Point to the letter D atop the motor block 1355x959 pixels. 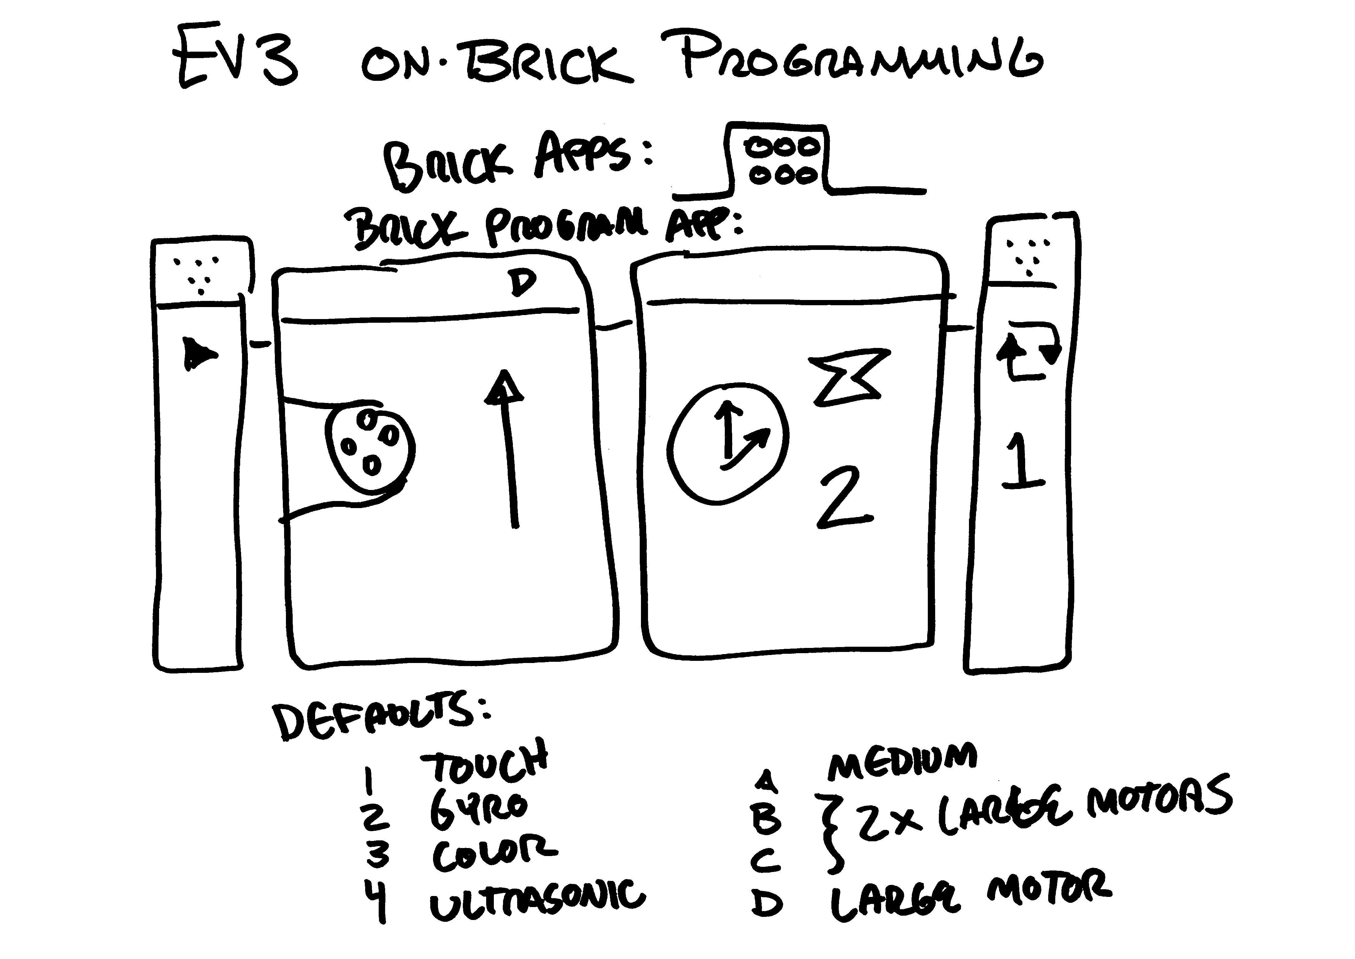522,283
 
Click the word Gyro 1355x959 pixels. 478,809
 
